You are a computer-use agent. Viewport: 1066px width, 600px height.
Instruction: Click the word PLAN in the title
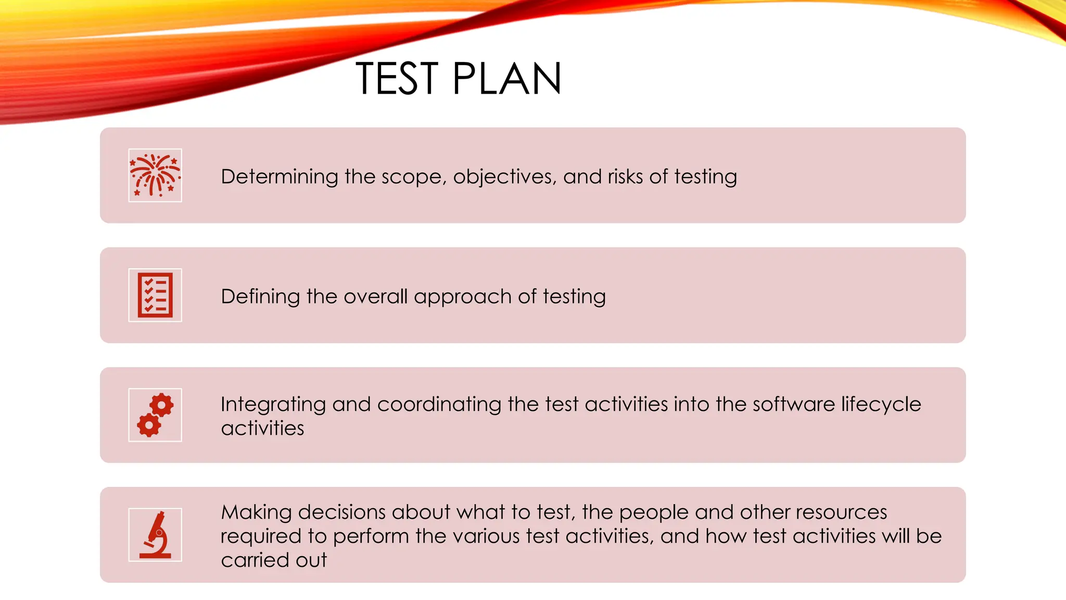tap(507, 79)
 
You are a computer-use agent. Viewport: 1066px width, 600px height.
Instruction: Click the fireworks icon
tap(155, 176)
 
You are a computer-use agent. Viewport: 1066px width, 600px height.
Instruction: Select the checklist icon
tap(155, 295)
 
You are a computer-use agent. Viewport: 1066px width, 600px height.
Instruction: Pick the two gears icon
tap(155, 415)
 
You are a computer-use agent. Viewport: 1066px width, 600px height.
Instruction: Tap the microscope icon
tap(155, 535)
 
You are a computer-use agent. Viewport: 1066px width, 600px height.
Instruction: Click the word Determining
tap(280, 177)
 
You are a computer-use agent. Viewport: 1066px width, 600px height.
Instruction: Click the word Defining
tap(260, 296)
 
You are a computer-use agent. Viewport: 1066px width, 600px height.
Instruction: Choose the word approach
tap(463, 297)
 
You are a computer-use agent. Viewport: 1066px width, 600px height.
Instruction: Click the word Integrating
tap(273, 405)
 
